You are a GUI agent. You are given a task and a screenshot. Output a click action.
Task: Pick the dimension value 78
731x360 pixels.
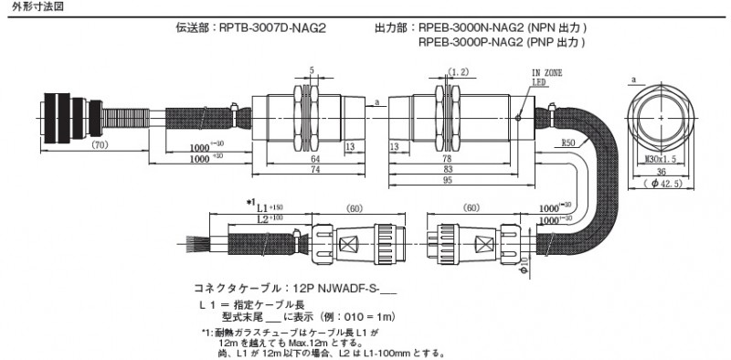[448, 158]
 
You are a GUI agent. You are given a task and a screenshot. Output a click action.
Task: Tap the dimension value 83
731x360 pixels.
[448, 170]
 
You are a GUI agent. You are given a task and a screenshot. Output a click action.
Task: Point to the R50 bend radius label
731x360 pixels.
[568, 143]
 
